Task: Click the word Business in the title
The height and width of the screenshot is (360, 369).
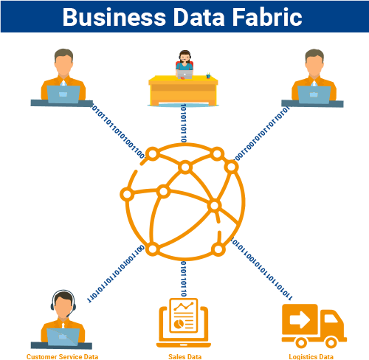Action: (114, 17)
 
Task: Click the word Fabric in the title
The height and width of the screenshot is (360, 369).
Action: (267, 17)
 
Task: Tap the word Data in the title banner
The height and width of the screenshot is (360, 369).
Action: (199, 17)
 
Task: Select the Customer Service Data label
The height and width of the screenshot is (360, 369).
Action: (62, 356)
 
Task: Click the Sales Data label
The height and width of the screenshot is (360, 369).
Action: (184, 356)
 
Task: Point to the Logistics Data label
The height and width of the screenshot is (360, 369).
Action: (311, 356)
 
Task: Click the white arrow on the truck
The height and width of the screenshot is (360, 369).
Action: (300, 320)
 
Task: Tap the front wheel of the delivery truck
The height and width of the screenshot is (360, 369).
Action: (331, 342)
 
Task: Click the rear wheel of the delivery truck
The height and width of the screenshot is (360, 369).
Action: (301, 342)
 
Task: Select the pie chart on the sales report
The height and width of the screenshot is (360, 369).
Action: (179, 324)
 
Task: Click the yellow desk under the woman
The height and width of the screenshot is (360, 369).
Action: (183, 91)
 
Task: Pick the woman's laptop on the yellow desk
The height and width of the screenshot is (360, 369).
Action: (184, 75)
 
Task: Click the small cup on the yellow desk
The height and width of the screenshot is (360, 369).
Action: (208, 76)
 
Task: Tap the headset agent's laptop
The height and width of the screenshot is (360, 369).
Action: (63, 337)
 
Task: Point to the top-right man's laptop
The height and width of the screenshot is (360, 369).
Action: (314, 94)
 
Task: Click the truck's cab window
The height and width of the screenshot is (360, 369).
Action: (331, 319)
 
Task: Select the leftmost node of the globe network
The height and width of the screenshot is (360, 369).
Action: (127, 194)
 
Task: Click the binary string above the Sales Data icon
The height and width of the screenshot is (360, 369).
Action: (184, 279)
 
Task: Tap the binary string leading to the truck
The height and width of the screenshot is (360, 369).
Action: (262, 269)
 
